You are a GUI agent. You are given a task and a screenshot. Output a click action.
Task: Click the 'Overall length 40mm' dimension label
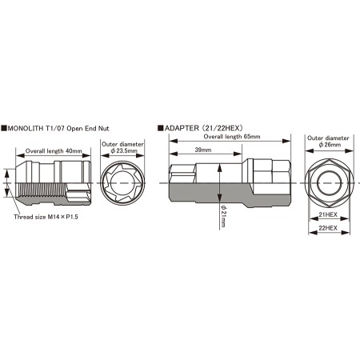(54, 151)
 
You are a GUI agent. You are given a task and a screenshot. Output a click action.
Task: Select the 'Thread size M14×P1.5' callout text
(46, 217)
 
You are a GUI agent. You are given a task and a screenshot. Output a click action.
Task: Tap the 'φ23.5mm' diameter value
(124, 150)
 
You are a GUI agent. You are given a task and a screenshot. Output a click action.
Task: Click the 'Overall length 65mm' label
(232, 137)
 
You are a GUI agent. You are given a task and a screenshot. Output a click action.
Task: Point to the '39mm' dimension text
(203, 150)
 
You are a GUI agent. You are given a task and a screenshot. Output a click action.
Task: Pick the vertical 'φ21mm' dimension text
(223, 216)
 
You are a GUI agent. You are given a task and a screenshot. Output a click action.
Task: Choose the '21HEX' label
(328, 214)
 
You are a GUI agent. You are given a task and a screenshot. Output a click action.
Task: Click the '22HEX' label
(328, 228)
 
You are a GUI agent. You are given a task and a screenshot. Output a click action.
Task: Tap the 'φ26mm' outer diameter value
(330, 145)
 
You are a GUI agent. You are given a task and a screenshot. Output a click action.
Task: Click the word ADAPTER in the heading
(182, 128)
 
